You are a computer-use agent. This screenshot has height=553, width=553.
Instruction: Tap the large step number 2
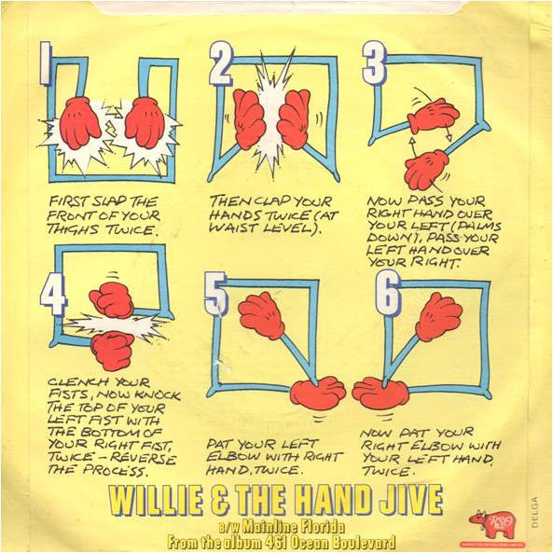click(x=220, y=66)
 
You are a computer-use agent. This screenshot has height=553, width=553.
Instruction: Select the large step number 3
click(x=373, y=64)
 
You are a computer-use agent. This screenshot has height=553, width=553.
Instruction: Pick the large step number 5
click(x=216, y=297)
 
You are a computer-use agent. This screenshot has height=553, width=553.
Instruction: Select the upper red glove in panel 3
click(x=433, y=116)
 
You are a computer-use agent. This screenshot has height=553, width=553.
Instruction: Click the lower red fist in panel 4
click(x=112, y=350)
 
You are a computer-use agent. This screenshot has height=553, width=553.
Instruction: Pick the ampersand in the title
click(x=235, y=500)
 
